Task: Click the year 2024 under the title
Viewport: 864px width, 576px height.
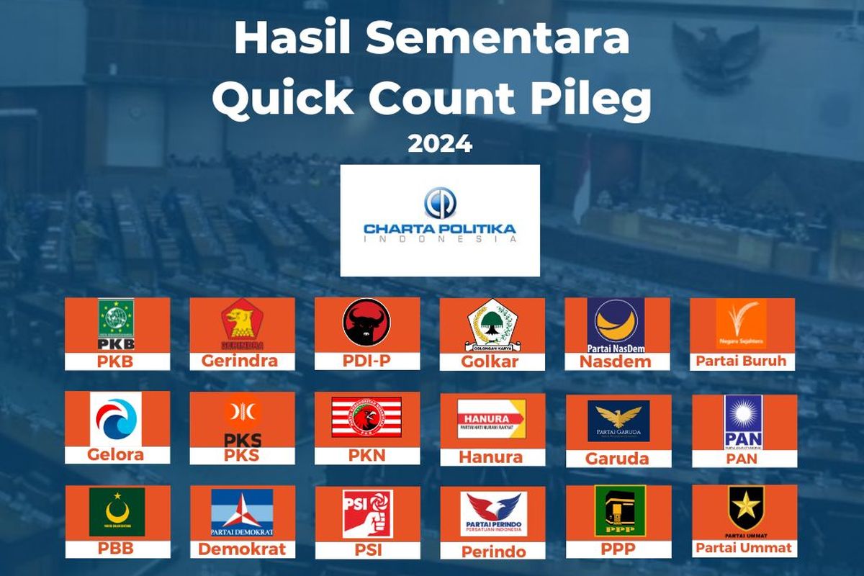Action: point(440,143)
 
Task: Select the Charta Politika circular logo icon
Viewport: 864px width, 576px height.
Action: point(440,202)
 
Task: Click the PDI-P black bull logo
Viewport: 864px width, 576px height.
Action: point(366,323)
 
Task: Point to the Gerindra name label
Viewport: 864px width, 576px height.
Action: point(240,361)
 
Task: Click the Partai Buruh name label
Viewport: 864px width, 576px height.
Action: point(742,361)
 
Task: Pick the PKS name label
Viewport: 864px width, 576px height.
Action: point(241,455)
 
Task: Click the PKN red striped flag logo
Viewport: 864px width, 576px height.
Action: point(366,418)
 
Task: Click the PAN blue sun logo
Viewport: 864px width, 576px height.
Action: point(743,421)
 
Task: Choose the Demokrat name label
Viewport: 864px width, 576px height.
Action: point(241,549)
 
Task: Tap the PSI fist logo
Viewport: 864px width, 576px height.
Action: point(367,513)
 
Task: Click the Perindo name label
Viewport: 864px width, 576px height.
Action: point(492,552)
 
